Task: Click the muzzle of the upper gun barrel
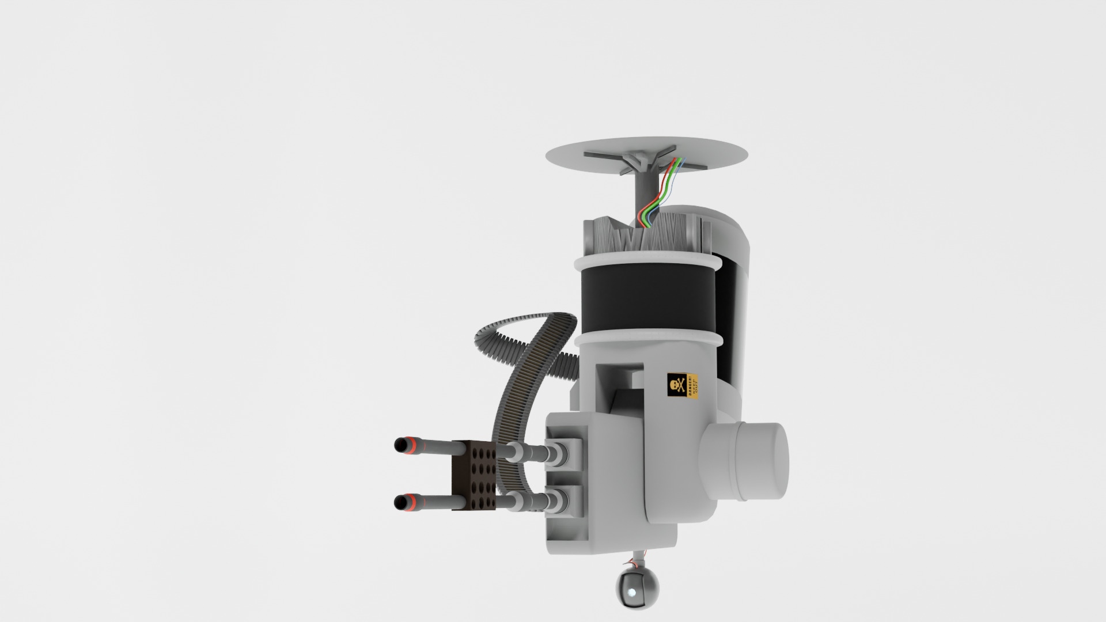coord(399,445)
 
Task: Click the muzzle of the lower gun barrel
coord(399,503)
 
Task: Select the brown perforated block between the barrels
coord(474,475)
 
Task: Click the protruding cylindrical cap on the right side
coord(760,461)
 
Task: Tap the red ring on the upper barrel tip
coord(411,445)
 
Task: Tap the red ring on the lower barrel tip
coord(411,502)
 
